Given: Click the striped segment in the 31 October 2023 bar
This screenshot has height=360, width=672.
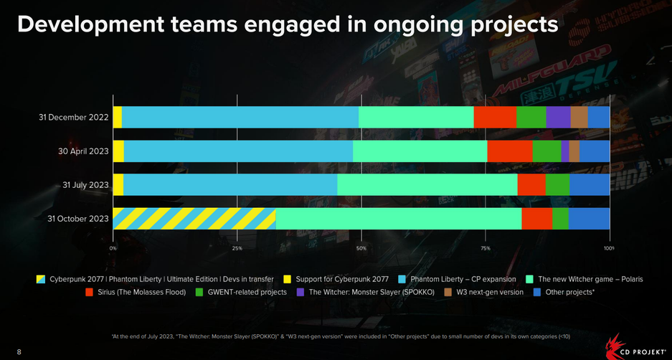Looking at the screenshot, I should [194, 218].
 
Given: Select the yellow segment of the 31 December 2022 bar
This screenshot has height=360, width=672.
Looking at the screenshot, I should [118, 117].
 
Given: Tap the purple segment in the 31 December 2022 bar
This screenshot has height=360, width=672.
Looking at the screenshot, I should [558, 117].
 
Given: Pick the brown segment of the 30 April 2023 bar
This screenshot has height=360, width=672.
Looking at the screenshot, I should [574, 151].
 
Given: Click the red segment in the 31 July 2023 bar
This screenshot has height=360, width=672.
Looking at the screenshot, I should [531, 184].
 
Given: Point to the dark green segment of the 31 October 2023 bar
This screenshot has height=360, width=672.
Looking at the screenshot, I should [560, 218].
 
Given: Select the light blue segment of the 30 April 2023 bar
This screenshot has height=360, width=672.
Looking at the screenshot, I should [238, 151].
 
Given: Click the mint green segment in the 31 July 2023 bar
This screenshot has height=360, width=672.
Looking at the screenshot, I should [427, 184].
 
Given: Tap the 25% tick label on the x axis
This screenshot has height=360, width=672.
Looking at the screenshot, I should [237, 248].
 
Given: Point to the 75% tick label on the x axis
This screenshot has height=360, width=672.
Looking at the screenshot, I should [486, 248].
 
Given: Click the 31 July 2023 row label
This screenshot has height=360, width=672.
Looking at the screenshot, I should [85, 185].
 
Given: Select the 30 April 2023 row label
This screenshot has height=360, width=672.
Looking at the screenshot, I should [83, 151].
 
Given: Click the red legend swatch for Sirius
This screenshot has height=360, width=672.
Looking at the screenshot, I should [90, 292].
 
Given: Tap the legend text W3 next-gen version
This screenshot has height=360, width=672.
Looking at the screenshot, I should [490, 292].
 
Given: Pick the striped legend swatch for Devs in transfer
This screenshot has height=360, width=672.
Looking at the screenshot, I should [40, 278].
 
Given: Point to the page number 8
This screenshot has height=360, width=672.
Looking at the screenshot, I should [19, 351].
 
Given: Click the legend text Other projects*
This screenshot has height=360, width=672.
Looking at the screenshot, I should [570, 292].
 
